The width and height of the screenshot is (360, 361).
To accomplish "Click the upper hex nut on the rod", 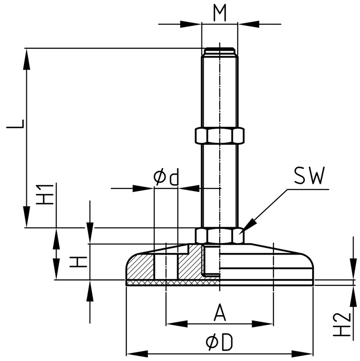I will tap(219, 135).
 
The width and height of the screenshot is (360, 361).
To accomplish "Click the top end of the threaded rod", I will tap(219, 50).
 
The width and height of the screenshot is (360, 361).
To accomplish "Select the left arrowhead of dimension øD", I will tap(132, 353).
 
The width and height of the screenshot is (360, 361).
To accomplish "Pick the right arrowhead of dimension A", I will tap(268, 324).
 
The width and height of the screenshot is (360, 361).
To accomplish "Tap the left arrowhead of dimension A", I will tap(172, 324).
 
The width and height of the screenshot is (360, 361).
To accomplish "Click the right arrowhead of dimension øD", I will tap(307, 353).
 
